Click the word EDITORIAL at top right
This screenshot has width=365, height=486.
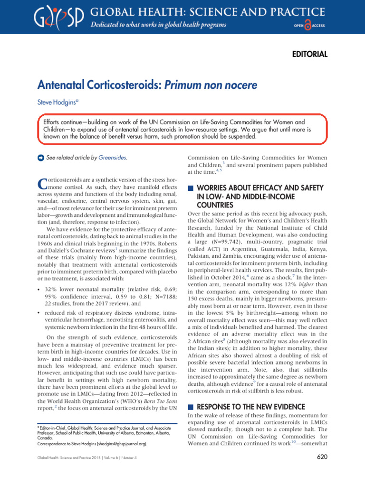click(x=309, y=54)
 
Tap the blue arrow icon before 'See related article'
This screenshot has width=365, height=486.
click(x=40, y=158)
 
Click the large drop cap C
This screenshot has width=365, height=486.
click(x=41, y=185)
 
